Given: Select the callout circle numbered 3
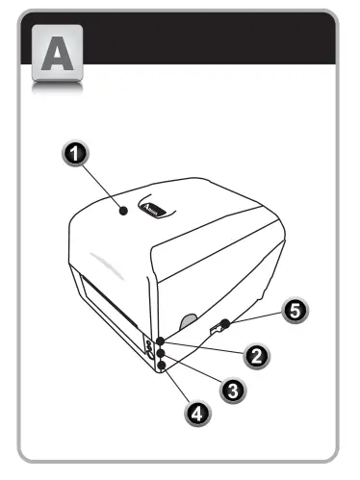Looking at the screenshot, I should coord(231,388).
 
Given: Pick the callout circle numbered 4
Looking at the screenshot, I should coord(195,414).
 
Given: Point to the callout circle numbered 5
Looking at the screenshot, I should coord(296,310).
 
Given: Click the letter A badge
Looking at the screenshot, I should coord(57,59).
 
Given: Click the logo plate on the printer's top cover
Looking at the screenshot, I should coord(153,208).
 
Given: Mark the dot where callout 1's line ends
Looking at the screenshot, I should coord(123,209).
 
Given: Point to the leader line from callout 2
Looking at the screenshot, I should coord(206,348).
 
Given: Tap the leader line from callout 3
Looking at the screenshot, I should coord(194,369).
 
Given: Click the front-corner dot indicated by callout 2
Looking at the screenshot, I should coord(160,341).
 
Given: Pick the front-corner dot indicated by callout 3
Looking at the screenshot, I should coord(161,352).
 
